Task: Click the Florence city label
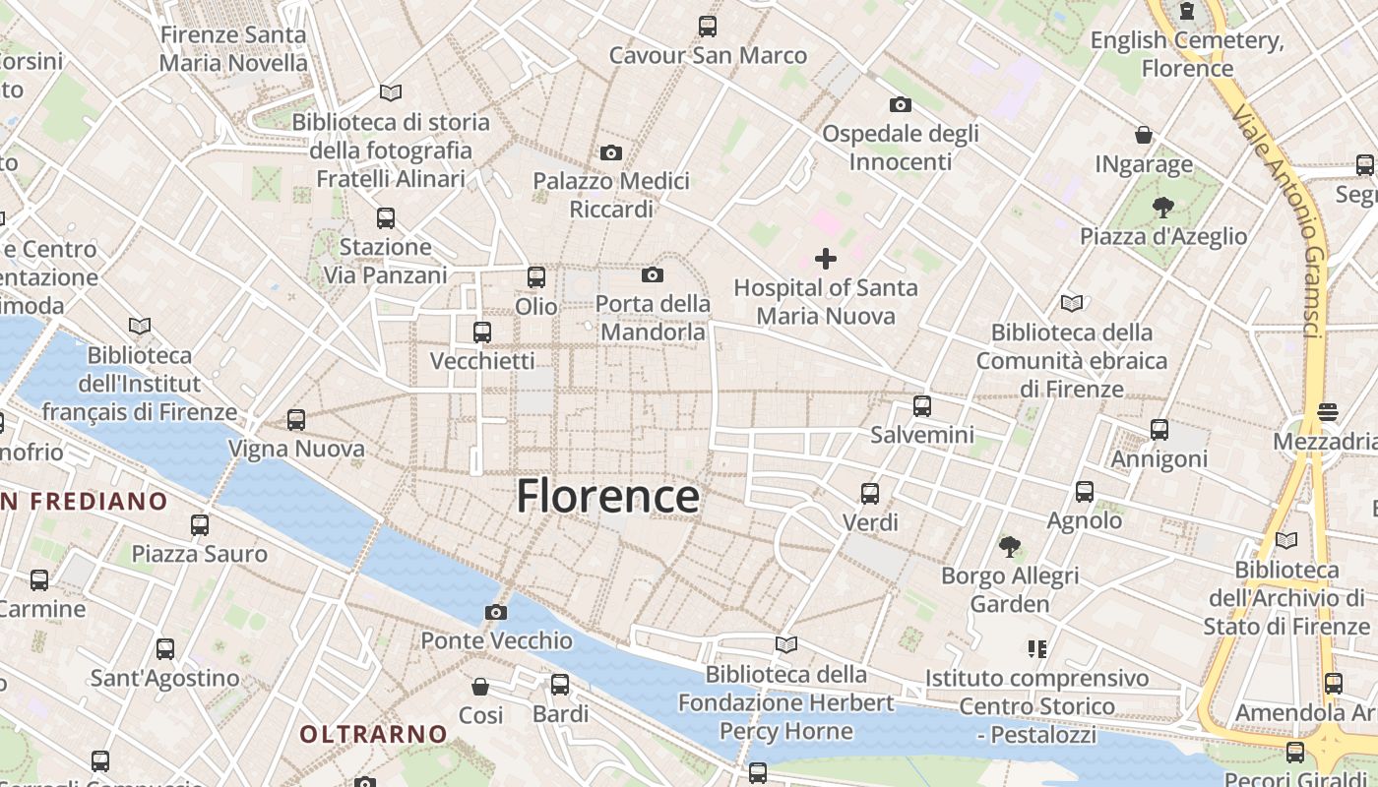(x=607, y=496)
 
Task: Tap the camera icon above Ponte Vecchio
(x=496, y=613)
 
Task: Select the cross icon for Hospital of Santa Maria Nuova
(x=826, y=259)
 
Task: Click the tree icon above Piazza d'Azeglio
(x=1162, y=207)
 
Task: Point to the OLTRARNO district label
(x=373, y=734)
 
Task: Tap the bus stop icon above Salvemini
(x=922, y=405)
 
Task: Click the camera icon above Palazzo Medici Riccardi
(x=611, y=152)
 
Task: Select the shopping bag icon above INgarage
(x=1144, y=135)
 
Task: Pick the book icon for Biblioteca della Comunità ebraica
(x=1071, y=303)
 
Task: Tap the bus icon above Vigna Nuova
(x=296, y=420)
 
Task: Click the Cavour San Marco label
(x=708, y=55)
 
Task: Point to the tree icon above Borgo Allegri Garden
(x=1009, y=546)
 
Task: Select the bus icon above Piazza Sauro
(x=200, y=524)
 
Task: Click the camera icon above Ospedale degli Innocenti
(x=900, y=104)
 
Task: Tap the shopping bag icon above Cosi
(x=480, y=686)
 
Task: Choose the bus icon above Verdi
(x=870, y=493)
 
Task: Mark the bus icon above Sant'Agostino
(x=164, y=649)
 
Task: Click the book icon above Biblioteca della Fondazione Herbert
(x=785, y=645)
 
